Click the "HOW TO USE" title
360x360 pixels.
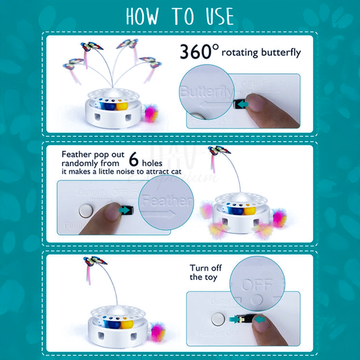pyautogui.click(x=179, y=16)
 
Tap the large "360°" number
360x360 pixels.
pyautogui.click(x=198, y=52)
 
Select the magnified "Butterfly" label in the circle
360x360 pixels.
pyautogui.click(x=207, y=91)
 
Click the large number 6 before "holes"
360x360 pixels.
pyautogui.click(x=134, y=159)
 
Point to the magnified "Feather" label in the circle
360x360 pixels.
pyautogui.click(x=165, y=201)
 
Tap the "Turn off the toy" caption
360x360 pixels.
pyautogui.click(x=205, y=272)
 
